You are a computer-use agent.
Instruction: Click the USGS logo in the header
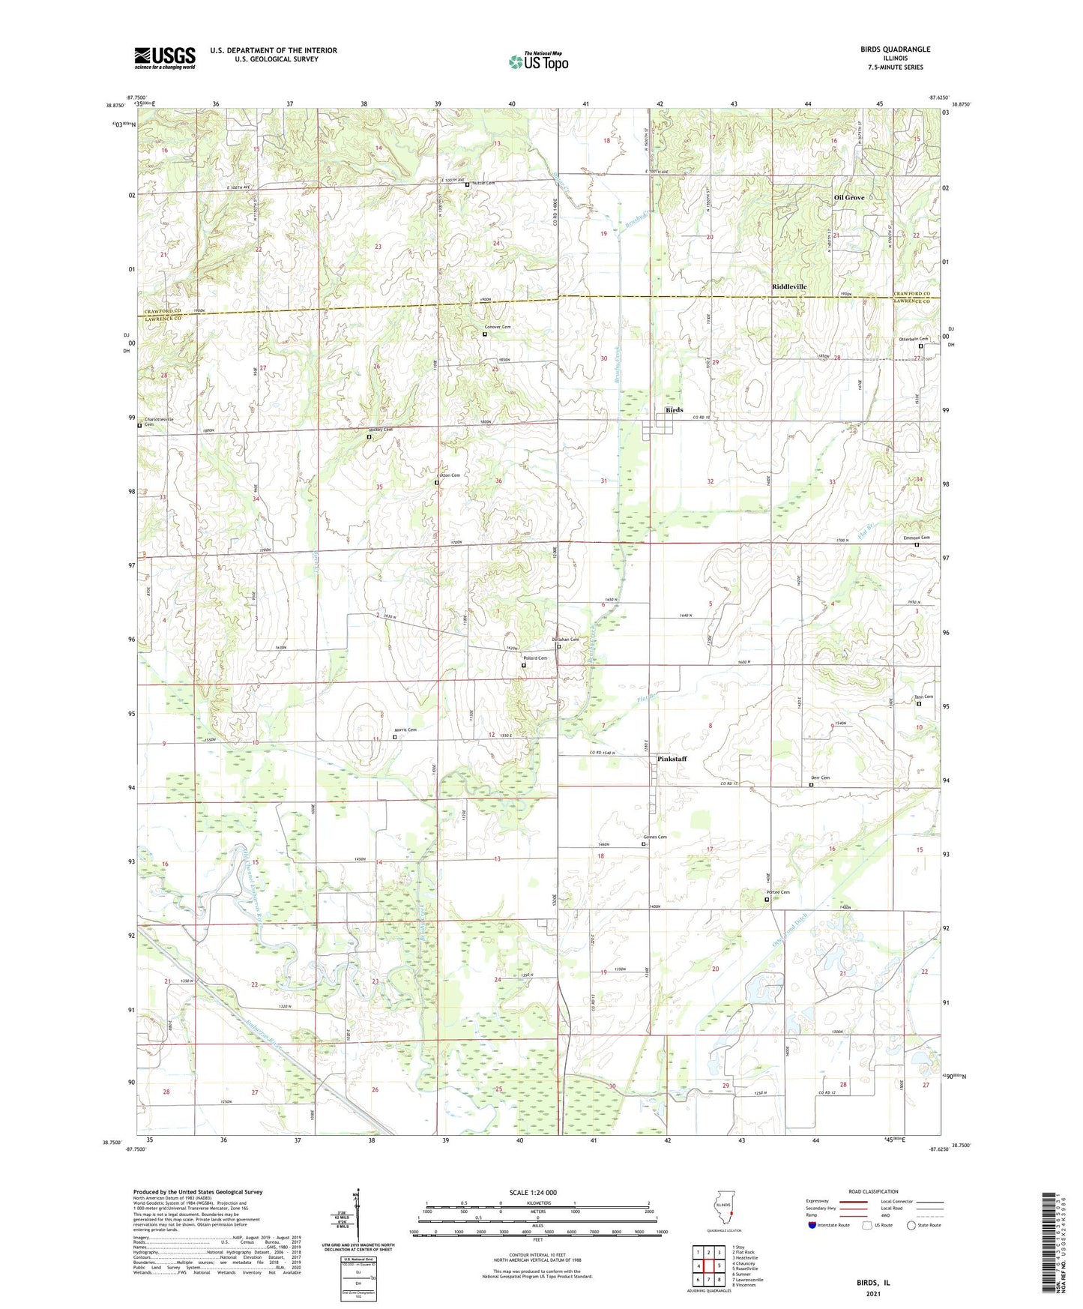pyautogui.click(x=164, y=58)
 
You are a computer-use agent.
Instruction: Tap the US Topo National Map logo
pyautogui.click(x=538, y=61)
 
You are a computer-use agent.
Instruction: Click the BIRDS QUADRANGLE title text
pyautogui.click(x=895, y=49)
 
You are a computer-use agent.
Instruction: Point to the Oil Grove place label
pyautogui.click(x=849, y=198)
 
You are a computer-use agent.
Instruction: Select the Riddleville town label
pyautogui.click(x=789, y=287)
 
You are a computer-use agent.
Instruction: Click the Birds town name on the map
pyautogui.click(x=674, y=410)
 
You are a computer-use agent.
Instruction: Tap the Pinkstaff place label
pyautogui.click(x=672, y=759)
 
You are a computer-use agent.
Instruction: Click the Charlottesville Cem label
pyautogui.click(x=158, y=421)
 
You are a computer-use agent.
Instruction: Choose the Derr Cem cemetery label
pyautogui.click(x=820, y=777)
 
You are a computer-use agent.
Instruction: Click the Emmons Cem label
pyautogui.click(x=916, y=538)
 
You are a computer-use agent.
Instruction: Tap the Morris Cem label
pyautogui.click(x=405, y=729)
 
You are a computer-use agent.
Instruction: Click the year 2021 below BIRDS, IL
pyautogui.click(x=873, y=1294)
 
